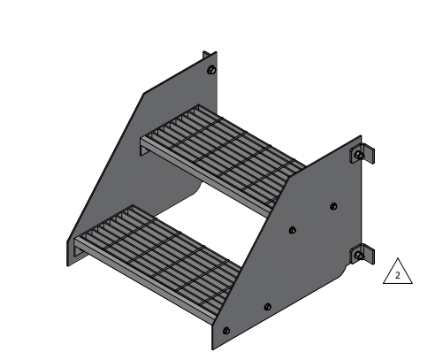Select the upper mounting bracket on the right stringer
tap(366, 153)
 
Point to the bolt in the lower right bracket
tap(358, 257)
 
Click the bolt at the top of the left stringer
tap(210, 70)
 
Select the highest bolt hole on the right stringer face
tap(333, 206)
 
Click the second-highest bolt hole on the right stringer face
tap(293, 231)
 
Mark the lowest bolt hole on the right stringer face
tap(226, 331)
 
